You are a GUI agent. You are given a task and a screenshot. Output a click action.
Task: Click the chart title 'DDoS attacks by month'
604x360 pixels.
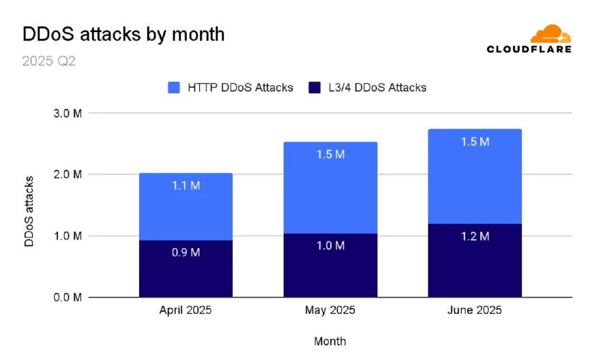click(x=123, y=34)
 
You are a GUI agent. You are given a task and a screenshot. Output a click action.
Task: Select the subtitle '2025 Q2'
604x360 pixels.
click(x=49, y=61)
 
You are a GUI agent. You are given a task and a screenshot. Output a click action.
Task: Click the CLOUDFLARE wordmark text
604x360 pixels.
click(x=529, y=49)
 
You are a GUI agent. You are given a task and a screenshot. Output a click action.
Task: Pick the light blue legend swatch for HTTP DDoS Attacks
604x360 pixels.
click(x=174, y=87)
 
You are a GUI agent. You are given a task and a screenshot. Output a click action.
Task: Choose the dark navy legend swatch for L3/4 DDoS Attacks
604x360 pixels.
click(x=314, y=87)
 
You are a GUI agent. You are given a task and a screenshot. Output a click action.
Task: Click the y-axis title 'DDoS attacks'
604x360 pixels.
click(x=29, y=211)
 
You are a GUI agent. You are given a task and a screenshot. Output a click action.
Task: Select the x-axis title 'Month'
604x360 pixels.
click(x=330, y=341)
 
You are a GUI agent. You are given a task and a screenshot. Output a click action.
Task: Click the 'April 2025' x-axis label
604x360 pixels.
click(x=186, y=310)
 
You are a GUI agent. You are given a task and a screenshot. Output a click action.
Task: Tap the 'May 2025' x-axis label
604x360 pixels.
click(x=330, y=310)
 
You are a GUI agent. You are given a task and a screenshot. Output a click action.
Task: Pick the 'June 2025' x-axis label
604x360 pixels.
click(x=474, y=310)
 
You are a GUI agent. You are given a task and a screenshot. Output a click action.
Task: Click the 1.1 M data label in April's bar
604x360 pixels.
click(x=186, y=186)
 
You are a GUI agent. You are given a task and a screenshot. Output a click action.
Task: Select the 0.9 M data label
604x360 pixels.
click(x=186, y=252)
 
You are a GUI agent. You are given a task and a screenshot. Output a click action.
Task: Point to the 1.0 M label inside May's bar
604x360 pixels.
click(x=330, y=246)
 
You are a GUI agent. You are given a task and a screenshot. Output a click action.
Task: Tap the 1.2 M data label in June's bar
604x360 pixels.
click(x=475, y=236)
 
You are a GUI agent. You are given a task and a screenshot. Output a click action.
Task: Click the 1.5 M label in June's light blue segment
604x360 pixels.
click(x=475, y=142)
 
